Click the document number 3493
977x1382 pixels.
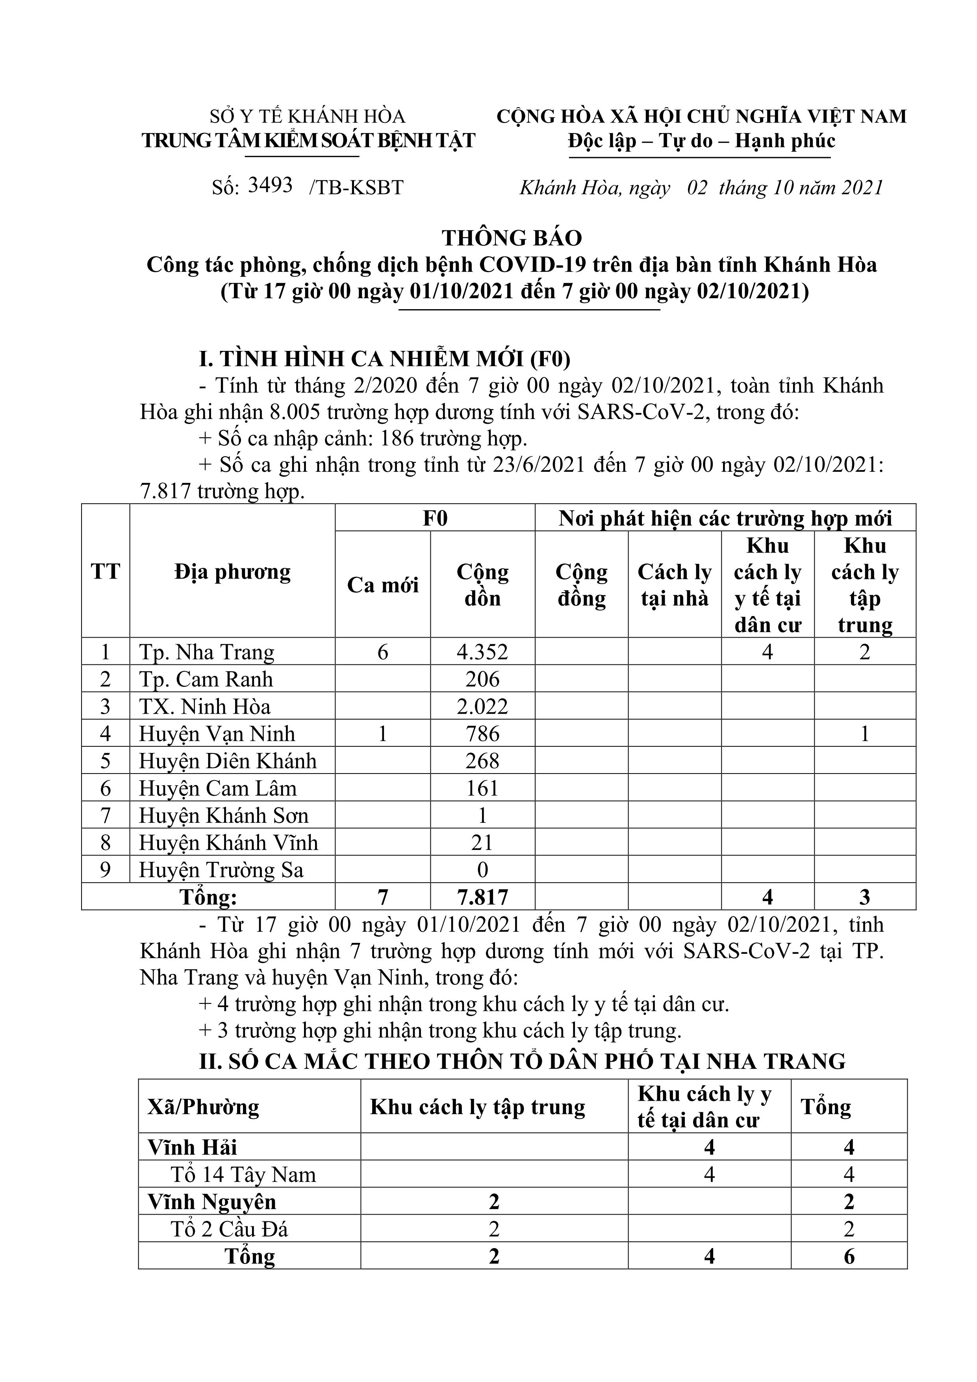tap(270, 185)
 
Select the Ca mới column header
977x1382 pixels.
tap(382, 584)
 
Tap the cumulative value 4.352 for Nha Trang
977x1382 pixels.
tap(482, 652)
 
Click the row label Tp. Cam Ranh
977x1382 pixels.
tap(206, 679)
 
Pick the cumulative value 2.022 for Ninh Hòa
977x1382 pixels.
tap(482, 706)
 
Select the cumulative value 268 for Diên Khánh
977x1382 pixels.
tap(482, 761)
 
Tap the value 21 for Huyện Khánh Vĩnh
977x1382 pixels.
tap(482, 843)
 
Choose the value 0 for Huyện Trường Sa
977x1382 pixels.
tap(482, 870)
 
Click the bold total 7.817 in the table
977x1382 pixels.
tap(482, 898)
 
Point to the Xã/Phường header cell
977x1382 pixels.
tap(204, 1107)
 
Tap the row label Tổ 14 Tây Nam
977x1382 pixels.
tap(243, 1174)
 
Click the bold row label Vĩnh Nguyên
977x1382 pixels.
tap(212, 1202)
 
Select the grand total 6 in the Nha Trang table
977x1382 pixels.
tap(849, 1256)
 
